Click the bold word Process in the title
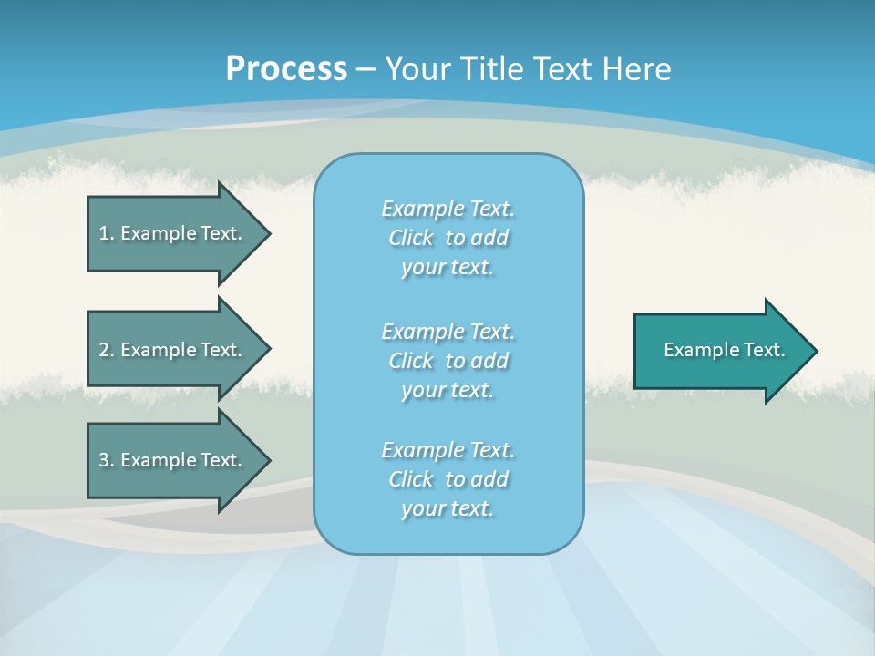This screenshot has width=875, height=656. coord(286,69)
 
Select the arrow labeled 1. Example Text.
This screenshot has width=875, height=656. coord(173,233)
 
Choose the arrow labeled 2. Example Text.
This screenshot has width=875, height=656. coord(173,350)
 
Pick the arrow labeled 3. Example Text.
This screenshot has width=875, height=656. coord(173,460)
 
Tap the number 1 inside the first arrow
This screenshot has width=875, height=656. coord(104,233)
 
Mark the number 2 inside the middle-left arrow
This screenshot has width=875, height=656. coord(104,350)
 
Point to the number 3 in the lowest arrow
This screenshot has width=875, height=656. coord(104,460)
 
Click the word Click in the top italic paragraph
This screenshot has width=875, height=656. coord(411,239)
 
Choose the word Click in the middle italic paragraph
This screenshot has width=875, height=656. coord(411,362)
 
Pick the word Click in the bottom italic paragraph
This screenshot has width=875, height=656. coord(411,480)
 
